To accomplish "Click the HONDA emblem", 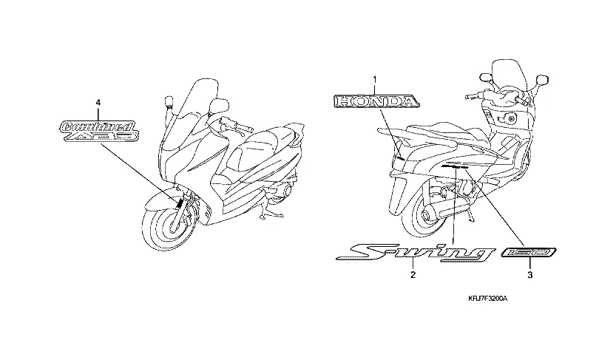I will pyautogui.click(x=375, y=101).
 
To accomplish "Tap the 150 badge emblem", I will pyautogui.click(x=529, y=254).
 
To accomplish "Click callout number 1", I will pyautogui.click(x=375, y=79).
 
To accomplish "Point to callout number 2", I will pyautogui.click(x=413, y=275).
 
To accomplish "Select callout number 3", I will pyautogui.click(x=529, y=275).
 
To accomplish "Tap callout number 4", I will pyautogui.click(x=98, y=101).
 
